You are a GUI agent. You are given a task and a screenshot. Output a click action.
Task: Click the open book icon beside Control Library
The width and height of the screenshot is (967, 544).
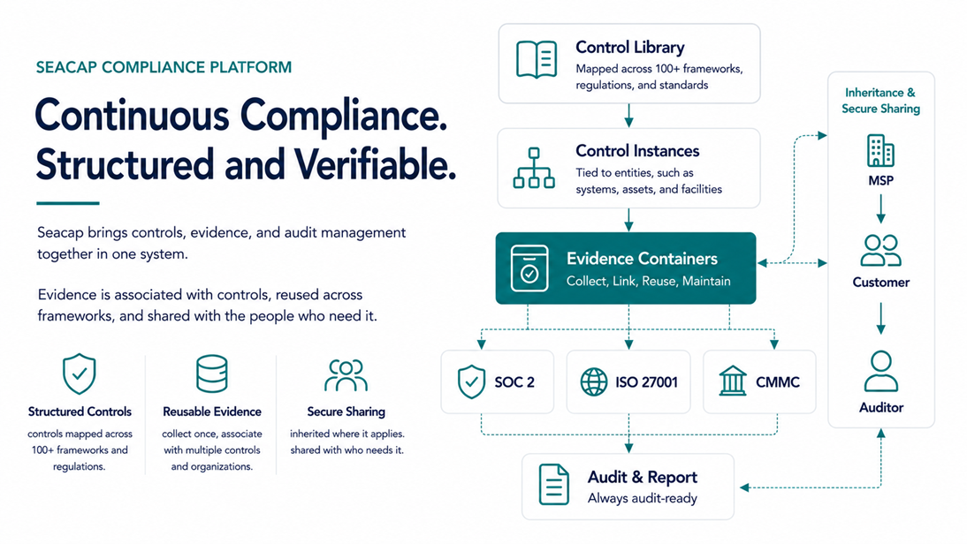tap(537, 59)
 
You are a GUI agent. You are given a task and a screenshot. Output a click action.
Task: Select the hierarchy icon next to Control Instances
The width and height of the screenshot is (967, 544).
tap(534, 168)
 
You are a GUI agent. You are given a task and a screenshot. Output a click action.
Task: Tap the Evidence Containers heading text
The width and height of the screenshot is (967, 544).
tap(642, 259)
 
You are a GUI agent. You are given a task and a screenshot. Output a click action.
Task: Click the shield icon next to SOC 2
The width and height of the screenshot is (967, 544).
tap(471, 382)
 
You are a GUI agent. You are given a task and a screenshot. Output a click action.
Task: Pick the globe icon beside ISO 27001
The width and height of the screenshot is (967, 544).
tap(594, 382)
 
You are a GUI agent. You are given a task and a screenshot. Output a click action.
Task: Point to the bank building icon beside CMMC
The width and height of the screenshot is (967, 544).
tap(732, 381)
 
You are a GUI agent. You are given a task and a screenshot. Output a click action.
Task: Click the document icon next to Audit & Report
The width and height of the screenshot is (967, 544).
tap(554, 485)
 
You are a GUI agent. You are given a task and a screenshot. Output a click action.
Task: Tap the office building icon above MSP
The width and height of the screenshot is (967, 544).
tap(880, 151)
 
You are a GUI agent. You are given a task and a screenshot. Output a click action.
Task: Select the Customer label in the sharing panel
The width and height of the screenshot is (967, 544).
tap(880, 283)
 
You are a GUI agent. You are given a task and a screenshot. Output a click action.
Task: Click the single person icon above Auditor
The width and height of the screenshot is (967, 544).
tap(880, 372)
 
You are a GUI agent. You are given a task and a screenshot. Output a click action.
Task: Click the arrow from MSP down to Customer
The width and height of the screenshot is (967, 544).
tap(880, 208)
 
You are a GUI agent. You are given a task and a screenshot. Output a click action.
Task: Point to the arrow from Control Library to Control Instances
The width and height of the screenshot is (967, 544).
tap(628, 116)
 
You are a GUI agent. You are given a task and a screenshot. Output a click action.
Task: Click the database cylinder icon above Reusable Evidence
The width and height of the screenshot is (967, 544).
tap(211, 374)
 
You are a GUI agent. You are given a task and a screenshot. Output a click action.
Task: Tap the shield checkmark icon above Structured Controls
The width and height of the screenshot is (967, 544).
tap(79, 374)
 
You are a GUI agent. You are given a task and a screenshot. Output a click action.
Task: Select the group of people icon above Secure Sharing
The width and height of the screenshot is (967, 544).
tap(346, 375)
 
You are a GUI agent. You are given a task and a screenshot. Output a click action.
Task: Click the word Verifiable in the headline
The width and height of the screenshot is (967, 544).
tap(375, 164)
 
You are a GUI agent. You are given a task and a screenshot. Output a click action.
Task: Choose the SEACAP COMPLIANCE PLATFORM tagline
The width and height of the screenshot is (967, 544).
tap(164, 67)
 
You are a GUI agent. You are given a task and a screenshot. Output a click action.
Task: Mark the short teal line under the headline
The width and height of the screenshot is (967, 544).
tap(68, 203)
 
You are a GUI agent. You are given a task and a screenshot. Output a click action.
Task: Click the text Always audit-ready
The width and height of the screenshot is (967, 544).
tap(642, 498)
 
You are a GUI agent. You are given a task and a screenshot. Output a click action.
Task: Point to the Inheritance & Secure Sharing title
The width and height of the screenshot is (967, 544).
tap(880, 101)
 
